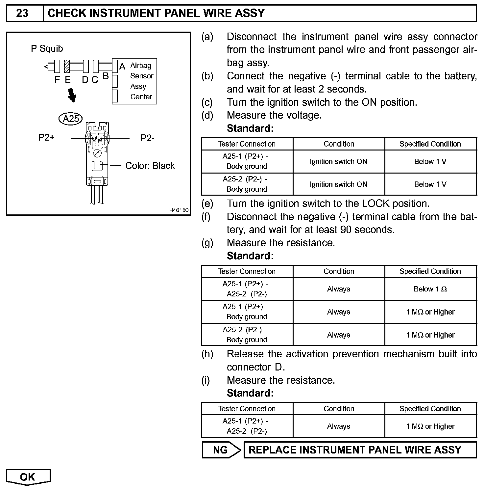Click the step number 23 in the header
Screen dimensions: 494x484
tap(22, 13)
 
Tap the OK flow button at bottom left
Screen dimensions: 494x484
tap(28, 477)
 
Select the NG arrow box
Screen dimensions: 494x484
tap(221, 450)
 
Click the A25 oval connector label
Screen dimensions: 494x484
tap(70, 119)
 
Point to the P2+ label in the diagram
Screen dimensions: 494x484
tap(46, 137)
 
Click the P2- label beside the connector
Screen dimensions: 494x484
tap(147, 138)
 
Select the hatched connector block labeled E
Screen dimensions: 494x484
tap(67, 66)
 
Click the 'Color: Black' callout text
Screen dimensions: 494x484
tap(150, 166)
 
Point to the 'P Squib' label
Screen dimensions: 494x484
tap(47, 49)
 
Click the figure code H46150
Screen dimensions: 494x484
tap(179, 210)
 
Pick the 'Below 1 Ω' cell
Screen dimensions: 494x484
tap(430, 289)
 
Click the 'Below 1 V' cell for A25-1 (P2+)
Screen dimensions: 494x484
tap(430, 161)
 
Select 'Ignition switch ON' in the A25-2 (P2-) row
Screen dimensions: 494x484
tap(338, 184)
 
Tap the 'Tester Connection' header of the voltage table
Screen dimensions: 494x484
tap(247, 144)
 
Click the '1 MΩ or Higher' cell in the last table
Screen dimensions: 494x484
tap(430, 426)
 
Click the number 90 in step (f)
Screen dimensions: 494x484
tap(346, 230)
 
